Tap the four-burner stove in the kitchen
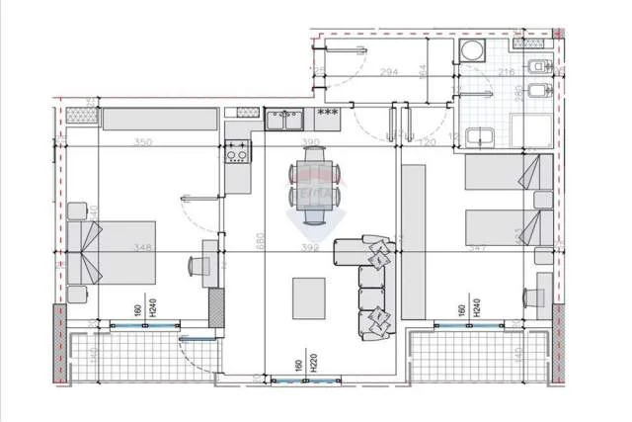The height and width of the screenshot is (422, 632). [237, 152]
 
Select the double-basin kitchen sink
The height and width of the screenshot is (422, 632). [287, 119]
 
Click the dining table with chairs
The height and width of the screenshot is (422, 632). [314, 184]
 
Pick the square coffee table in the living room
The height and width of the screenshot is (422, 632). [309, 296]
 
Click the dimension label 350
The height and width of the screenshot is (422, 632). [143, 143]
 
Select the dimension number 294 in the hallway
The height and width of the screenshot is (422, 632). [388, 72]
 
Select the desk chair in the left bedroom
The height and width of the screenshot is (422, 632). [196, 265]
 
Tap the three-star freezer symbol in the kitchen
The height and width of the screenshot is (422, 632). [327, 112]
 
